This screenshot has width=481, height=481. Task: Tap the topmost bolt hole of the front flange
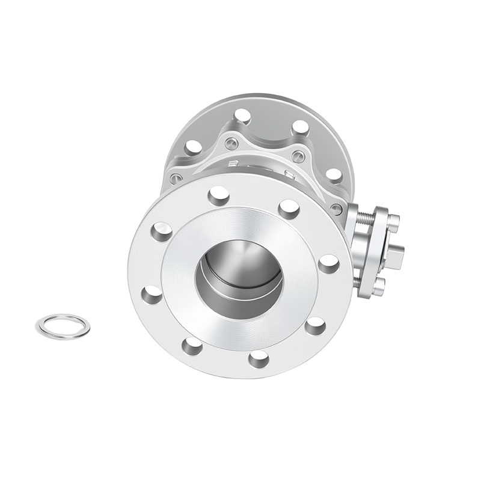pos(219,196)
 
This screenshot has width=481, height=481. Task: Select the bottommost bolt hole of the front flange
pos(259,359)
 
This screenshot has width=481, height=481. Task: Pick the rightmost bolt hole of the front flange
pos(328,263)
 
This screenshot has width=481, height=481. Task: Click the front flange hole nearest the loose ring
pos(152,295)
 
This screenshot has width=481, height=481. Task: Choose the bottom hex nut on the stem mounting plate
pos(378,288)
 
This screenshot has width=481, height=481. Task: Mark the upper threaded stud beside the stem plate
pos(364,216)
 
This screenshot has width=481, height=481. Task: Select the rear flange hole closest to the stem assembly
pos(334,175)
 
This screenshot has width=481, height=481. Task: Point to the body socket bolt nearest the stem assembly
pos(337,209)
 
